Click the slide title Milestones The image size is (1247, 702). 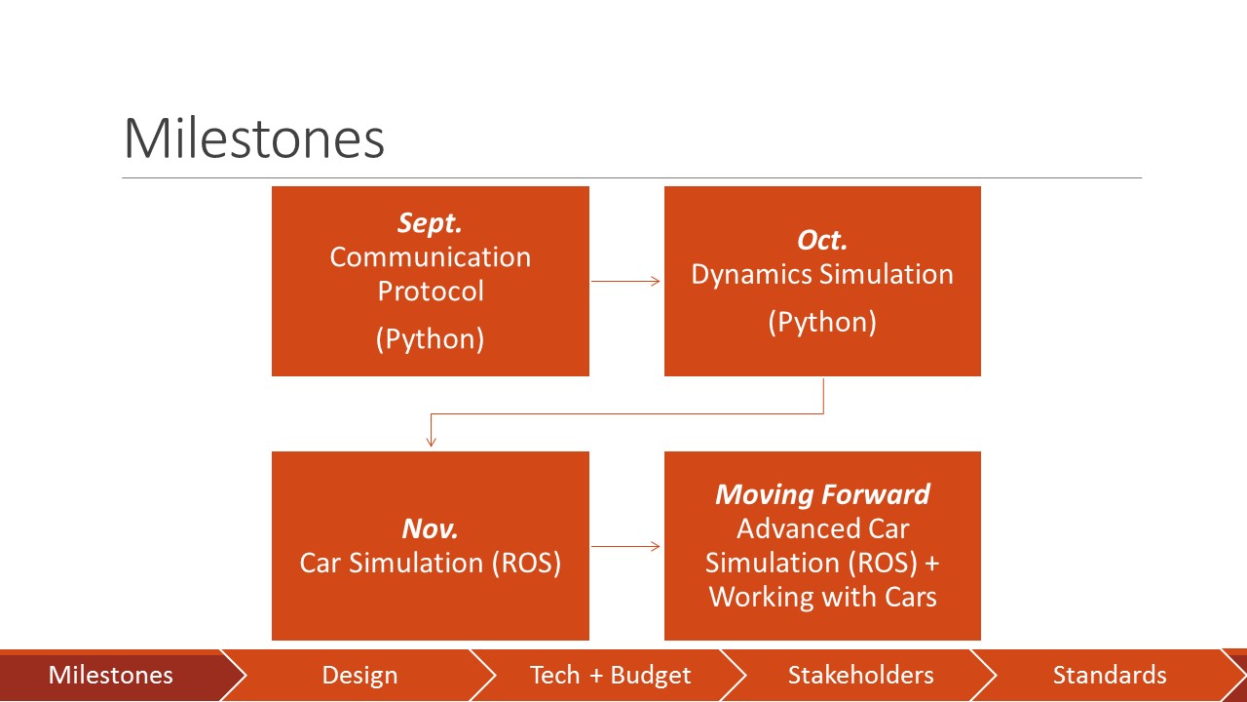pyautogui.click(x=253, y=138)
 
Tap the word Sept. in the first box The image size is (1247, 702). pyautogui.click(x=430, y=223)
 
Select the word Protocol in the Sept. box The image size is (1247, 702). pyautogui.click(x=431, y=291)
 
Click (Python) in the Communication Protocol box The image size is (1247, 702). pyautogui.click(x=431, y=338)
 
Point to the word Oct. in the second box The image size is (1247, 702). pyautogui.click(x=822, y=240)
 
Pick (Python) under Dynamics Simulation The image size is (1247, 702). pyautogui.click(x=822, y=322)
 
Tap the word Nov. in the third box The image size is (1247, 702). pyautogui.click(x=430, y=529)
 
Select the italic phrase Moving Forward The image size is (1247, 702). pyautogui.click(x=822, y=494)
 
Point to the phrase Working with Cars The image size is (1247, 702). pyautogui.click(x=822, y=597)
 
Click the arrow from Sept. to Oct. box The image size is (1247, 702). pyautogui.click(x=626, y=282)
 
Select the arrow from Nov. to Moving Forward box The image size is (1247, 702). pyautogui.click(x=626, y=546)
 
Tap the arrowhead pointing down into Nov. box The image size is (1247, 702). pyautogui.click(x=431, y=442)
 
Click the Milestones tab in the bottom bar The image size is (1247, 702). pyautogui.click(x=111, y=675)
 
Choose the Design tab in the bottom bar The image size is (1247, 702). pyautogui.click(x=359, y=675)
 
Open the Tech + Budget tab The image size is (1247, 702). pyautogui.click(x=610, y=675)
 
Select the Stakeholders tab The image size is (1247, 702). pyautogui.click(x=860, y=675)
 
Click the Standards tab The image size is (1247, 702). pyautogui.click(x=1109, y=675)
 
